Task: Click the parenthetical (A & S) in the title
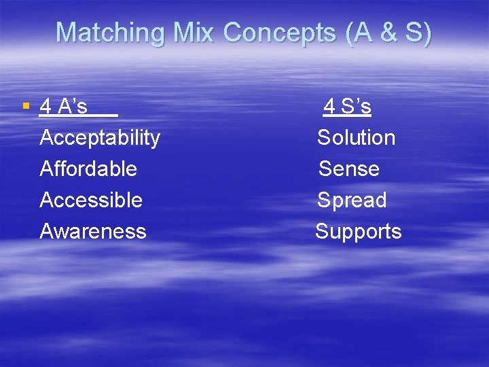(x=388, y=33)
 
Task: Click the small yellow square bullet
(x=26, y=106)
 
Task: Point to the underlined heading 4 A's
(x=64, y=107)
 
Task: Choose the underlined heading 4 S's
(x=347, y=107)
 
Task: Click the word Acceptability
(x=100, y=138)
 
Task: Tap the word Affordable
(x=88, y=169)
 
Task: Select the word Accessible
(x=91, y=200)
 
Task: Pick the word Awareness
(x=93, y=232)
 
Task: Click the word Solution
(x=356, y=138)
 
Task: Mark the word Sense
(x=349, y=169)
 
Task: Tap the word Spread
(x=352, y=200)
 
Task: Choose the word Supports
(x=358, y=232)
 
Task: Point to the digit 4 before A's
(x=46, y=107)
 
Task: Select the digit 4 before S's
(x=329, y=107)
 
